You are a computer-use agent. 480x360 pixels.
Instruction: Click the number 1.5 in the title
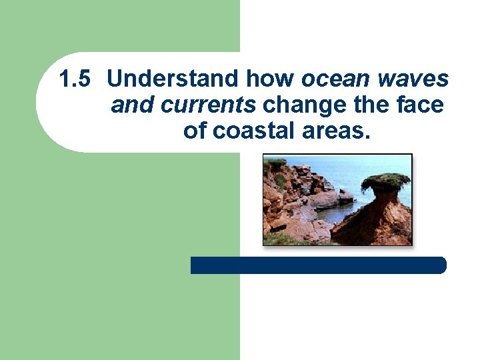pyautogui.click(x=73, y=79)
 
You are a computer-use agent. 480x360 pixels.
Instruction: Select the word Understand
pyautogui.click(x=175, y=79)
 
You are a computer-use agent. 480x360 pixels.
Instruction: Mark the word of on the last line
pyautogui.click(x=195, y=130)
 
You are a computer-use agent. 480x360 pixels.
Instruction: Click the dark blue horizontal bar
pyautogui.click(x=318, y=265)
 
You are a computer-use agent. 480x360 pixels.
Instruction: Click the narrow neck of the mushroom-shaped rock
pyautogui.click(x=384, y=199)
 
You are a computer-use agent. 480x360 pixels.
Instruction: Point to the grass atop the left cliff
pyautogui.click(x=275, y=164)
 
